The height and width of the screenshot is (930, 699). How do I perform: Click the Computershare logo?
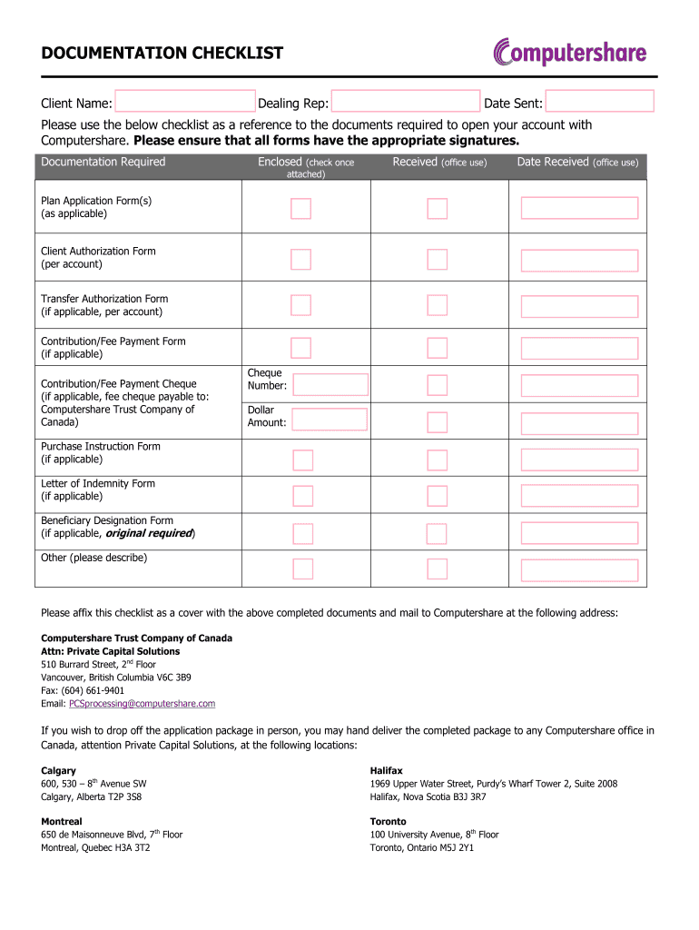point(569,51)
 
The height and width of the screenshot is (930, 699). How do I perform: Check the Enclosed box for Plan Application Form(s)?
point(301,209)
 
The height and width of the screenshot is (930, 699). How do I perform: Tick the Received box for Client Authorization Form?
point(438,259)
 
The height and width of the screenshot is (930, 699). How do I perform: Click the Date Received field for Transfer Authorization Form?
point(579,305)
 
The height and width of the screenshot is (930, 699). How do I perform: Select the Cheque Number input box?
point(331,385)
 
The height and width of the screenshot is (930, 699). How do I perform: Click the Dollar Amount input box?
point(330,419)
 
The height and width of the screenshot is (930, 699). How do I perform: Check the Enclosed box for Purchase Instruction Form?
point(302,460)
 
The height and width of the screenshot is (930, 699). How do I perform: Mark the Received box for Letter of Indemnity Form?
point(438,496)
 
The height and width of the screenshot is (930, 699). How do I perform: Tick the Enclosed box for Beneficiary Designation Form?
point(302,531)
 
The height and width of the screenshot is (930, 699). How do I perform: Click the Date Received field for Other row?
point(579,569)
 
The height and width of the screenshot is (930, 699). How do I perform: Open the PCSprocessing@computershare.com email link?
point(143,704)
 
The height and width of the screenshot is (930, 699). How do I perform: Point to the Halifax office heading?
point(386,770)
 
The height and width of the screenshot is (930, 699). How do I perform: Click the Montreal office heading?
point(61,821)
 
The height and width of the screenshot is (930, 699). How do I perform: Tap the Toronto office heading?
point(388,821)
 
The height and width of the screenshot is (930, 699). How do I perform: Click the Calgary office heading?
point(58,770)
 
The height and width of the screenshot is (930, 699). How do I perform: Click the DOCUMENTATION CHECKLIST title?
point(162,54)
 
